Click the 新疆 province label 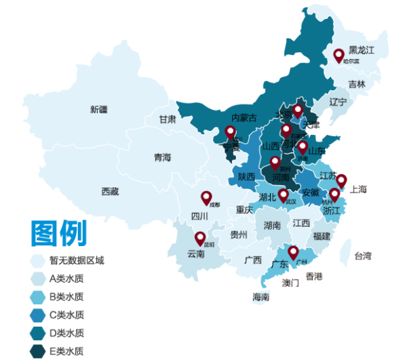pyautogui.click(x=98, y=109)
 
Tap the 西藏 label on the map pyautogui.click(x=110, y=192)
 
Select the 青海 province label pyautogui.click(x=162, y=157)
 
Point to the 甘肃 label pyautogui.click(x=168, y=119)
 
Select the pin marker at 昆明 pyautogui.click(x=200, y=238)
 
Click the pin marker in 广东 pyautogui.click(x=293, y=252)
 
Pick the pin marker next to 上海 pyautogui.click(x=341, y=180)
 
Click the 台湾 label pyautogui.click(x=363, y=256)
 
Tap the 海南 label pyautogui.click(x=261, y=297)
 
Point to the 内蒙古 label pyautogui.click(x=244, y=118)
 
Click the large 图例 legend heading pyautogui.click(x=58, y=233)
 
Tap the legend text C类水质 pyautogui.click(x=66, y=315)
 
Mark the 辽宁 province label pyautogui.click(x=338, y=102)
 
